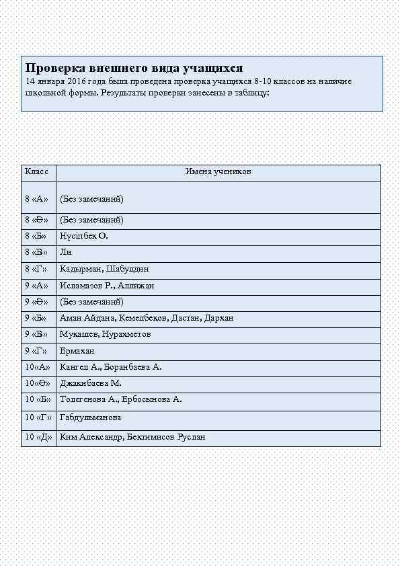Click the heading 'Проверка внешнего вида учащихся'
click(134, 68)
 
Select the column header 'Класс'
click(36, 172)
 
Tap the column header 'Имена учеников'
click(218, 172)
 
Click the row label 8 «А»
click(36, 199)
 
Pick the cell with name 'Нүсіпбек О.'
click(84, 237)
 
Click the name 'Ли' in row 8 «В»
click(65, 253)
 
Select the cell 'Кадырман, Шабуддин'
click(104, 269)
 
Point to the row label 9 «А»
click(36, 286)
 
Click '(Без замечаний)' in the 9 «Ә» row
click(91, 302)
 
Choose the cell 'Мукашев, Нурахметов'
click(105, 334)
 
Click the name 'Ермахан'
click(77, 351)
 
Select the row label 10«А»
click(37, 367)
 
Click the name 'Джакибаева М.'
click(90, 383)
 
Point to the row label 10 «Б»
click(38, 399)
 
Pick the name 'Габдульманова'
click(90, 417)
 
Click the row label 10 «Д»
click(38, 437)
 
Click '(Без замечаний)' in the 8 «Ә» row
click(91, 220)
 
